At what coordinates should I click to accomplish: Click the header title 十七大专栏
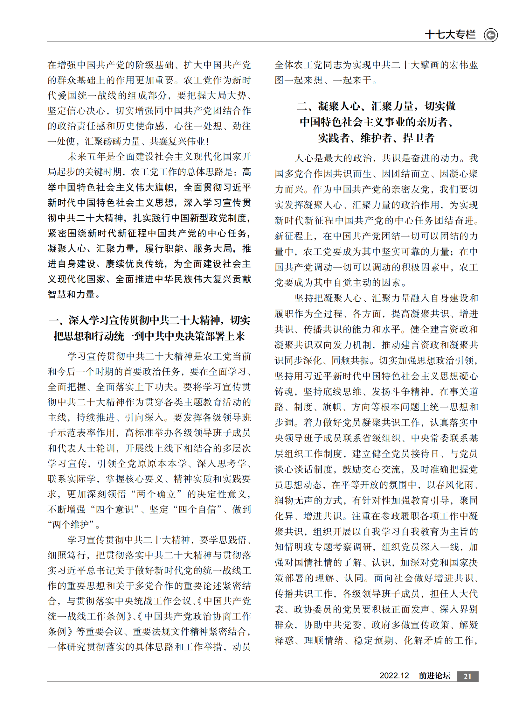click(x=450, y=34)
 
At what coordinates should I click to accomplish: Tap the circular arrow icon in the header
click(x=491, y=35)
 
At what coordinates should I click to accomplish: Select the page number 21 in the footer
click(x=467, y=676)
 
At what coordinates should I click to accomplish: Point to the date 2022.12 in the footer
click(x=394, y=676)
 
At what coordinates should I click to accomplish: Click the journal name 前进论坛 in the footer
click(x=434, y=676)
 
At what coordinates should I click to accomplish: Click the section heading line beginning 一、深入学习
click(x=149, y=320)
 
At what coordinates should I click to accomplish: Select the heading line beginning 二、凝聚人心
click(x=376, y=106)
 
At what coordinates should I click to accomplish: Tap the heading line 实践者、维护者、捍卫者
click(x=376, y=138)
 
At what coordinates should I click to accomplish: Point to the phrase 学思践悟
click(x=223, y=540)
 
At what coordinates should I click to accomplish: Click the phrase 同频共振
click(x=350, y=360)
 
